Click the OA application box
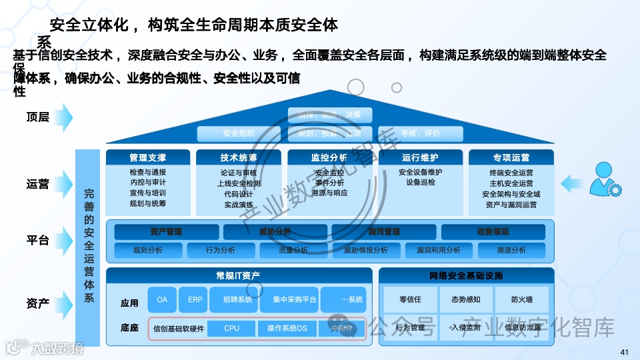[162, 300]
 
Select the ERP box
[195, 300]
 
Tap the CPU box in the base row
[231, 328]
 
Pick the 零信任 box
[410, 299]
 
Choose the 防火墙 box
[522, 299]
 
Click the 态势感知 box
[466, 299]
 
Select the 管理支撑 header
[148, 158]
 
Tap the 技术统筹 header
[239, 158]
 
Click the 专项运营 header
[511, 158]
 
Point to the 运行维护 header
[420, 158]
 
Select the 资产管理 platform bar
[166, 232]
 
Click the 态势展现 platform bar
[493, 232]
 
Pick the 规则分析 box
[148, 250]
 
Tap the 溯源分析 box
[511, 250]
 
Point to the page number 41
[624, 352]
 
